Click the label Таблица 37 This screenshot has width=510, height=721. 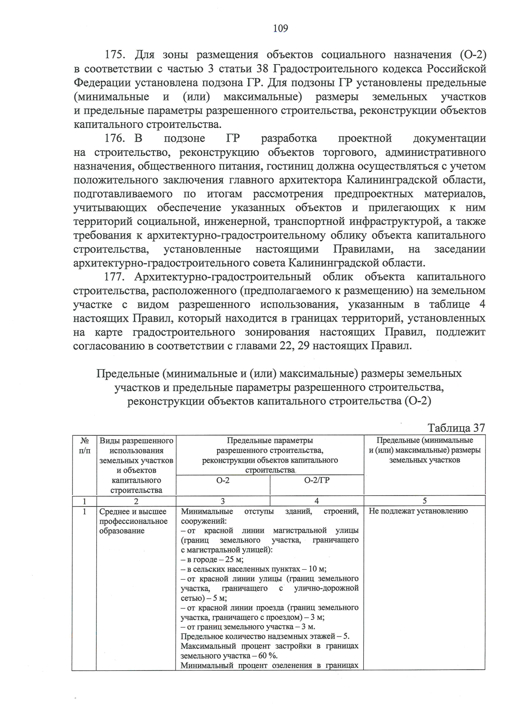[456, 428]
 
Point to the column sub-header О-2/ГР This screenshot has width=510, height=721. [317, 480]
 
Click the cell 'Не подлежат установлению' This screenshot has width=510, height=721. [418, 511]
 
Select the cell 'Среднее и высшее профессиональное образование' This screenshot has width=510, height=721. [133, 521]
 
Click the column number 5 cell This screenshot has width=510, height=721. [424, 501]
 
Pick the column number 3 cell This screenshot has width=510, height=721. [223, 501]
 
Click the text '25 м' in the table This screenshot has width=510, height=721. [234, 560]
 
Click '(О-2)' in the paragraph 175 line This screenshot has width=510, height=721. [473, 55]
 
